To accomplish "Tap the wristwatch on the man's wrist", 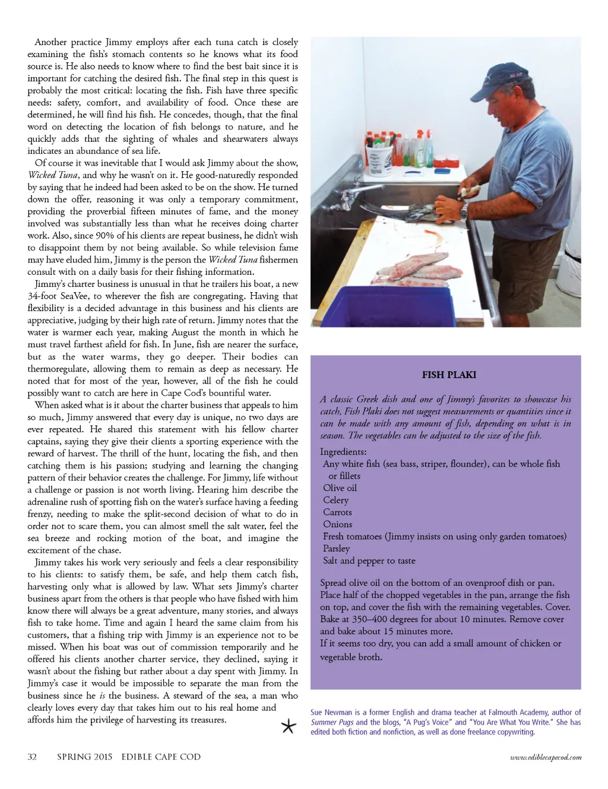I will (464, 210).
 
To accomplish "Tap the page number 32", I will (32, 757).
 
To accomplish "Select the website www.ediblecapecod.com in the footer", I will (546, 758).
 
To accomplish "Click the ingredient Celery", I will (335, 500).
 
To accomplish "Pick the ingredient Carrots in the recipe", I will (337, 512).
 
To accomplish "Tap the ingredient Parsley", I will (336, 549).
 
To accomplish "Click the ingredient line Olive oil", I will (340, 488).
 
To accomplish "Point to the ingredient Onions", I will (337, 524).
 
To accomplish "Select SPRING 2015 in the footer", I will (85, 757).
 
